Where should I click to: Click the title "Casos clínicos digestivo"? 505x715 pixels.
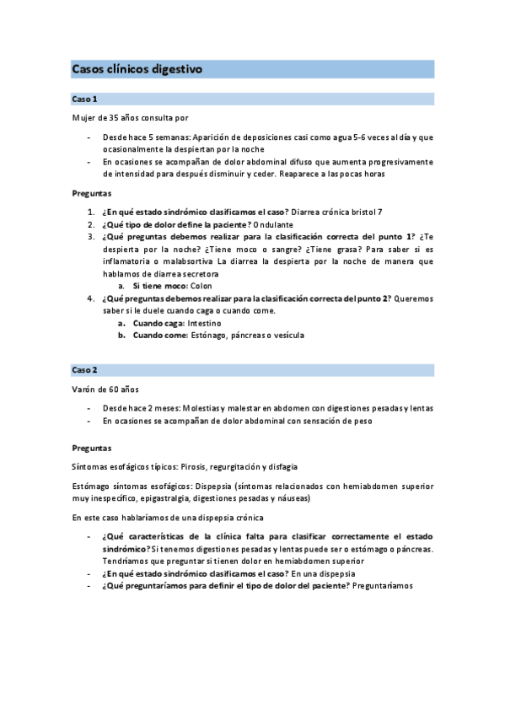point(137,69)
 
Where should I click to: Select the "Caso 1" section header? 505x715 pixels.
point(85,99)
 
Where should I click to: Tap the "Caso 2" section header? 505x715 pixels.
point(85,370)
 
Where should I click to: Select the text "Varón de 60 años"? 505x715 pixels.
point(105,390)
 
